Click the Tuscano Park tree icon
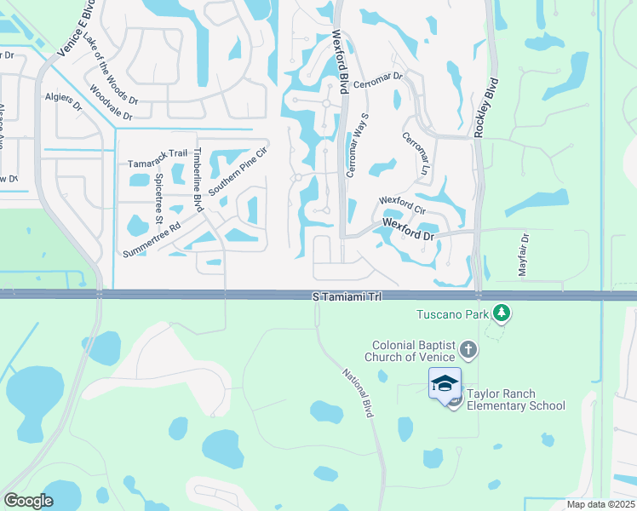coord(502,313)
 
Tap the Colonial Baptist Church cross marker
coord(468,349)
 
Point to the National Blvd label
coord(359,392)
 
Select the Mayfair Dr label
coord(523,253)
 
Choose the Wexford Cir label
coord(402,204)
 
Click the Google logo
coord(28,501)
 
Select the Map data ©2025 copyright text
coord(600,504)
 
